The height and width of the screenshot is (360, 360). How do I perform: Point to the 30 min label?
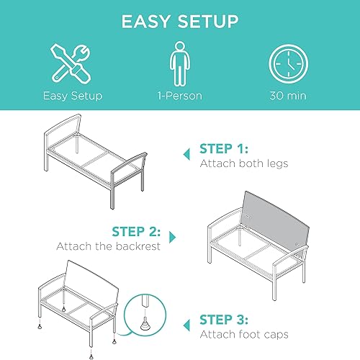point(288,95)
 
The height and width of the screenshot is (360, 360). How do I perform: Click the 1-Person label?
point(179,95)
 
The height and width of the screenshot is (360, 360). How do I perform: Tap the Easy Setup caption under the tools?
point(72,95)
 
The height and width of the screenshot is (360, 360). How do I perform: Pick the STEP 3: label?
point(225,318)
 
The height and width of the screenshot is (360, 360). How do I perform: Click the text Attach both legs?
point(244,164)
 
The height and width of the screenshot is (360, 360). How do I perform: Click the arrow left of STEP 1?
point(186,150)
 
